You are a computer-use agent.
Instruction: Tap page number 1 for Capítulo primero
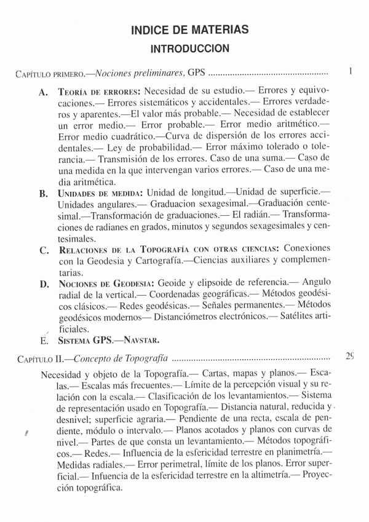coord(350,73)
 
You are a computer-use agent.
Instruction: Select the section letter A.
coord(43,92)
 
